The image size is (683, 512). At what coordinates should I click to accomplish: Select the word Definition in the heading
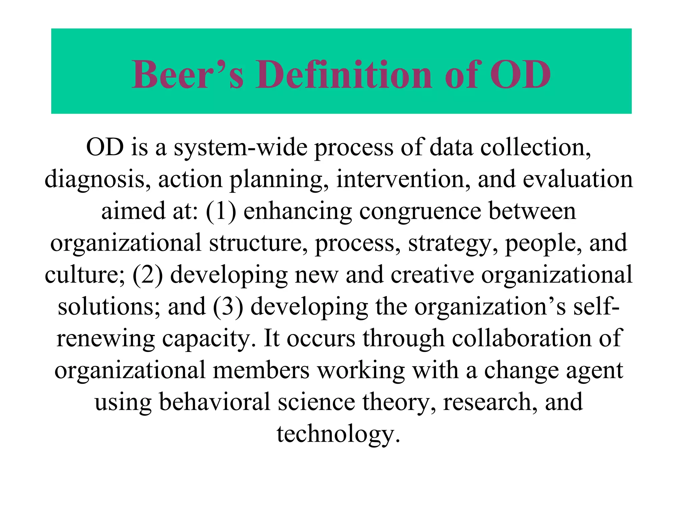344,75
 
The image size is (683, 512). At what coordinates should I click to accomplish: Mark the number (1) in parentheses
221,211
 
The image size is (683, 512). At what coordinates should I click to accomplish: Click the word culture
85,275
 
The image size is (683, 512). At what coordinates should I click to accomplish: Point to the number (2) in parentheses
148,275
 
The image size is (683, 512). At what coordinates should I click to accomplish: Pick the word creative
432,275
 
